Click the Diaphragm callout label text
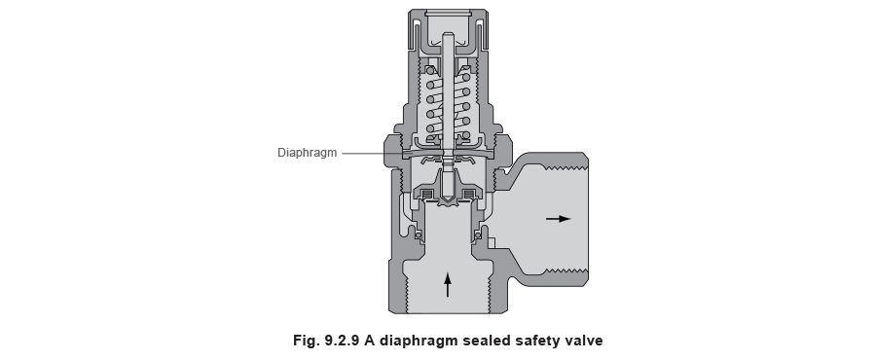point(307,153)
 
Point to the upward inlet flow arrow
point(447,283)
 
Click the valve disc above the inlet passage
point(447,199)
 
